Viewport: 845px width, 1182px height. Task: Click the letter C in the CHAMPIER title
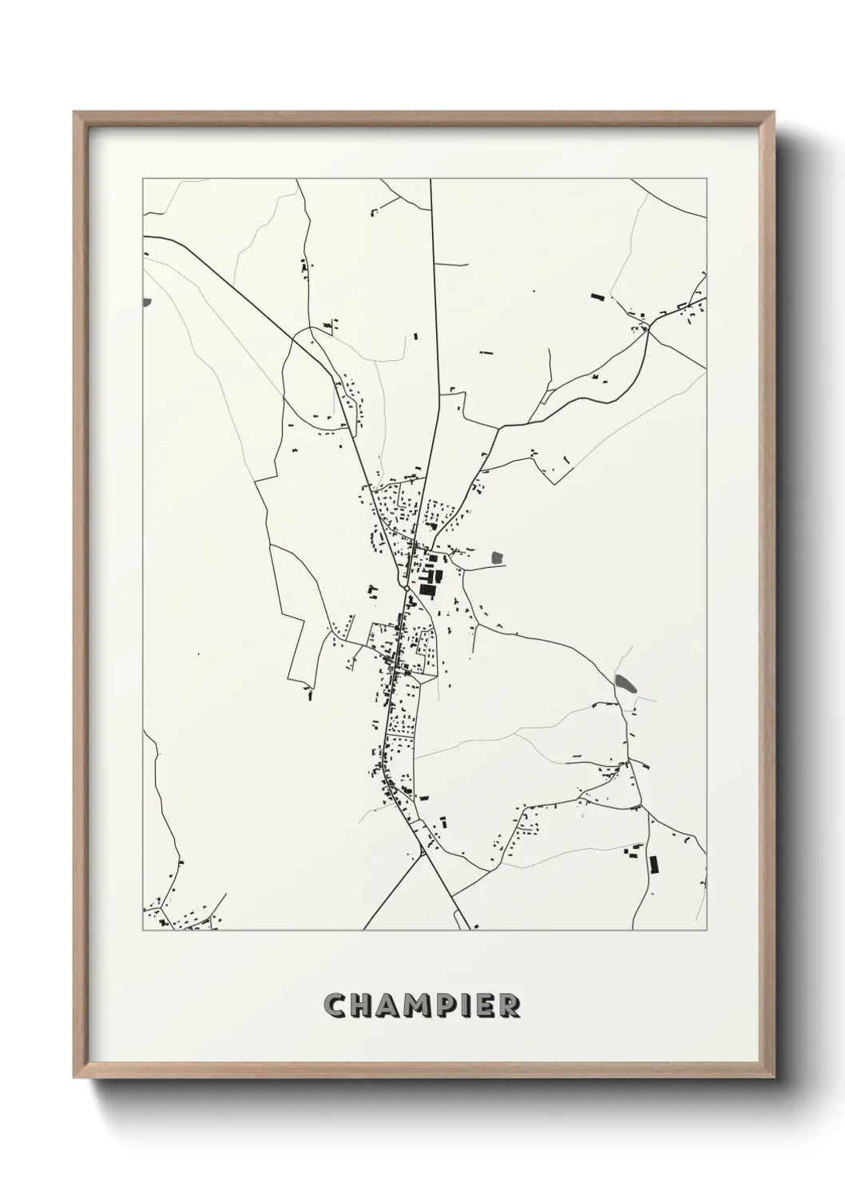coord(334,1005)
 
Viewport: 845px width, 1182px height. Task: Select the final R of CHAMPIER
coord(509,1005)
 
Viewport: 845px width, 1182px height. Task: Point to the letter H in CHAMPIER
coord(359,1005)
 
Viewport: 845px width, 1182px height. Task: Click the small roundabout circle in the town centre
coord(407,589)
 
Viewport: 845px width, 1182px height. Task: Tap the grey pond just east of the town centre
coord(498,557)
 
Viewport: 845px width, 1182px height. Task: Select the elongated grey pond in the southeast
coord(626,683)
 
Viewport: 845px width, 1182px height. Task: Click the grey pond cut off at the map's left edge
coord(145,302)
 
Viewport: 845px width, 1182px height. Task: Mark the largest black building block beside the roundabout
coord(427,590)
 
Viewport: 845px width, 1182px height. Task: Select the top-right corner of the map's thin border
coord(707,179)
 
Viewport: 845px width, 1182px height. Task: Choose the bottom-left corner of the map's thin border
coord(143,930)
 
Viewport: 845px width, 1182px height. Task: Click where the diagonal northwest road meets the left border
coord(144,237)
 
